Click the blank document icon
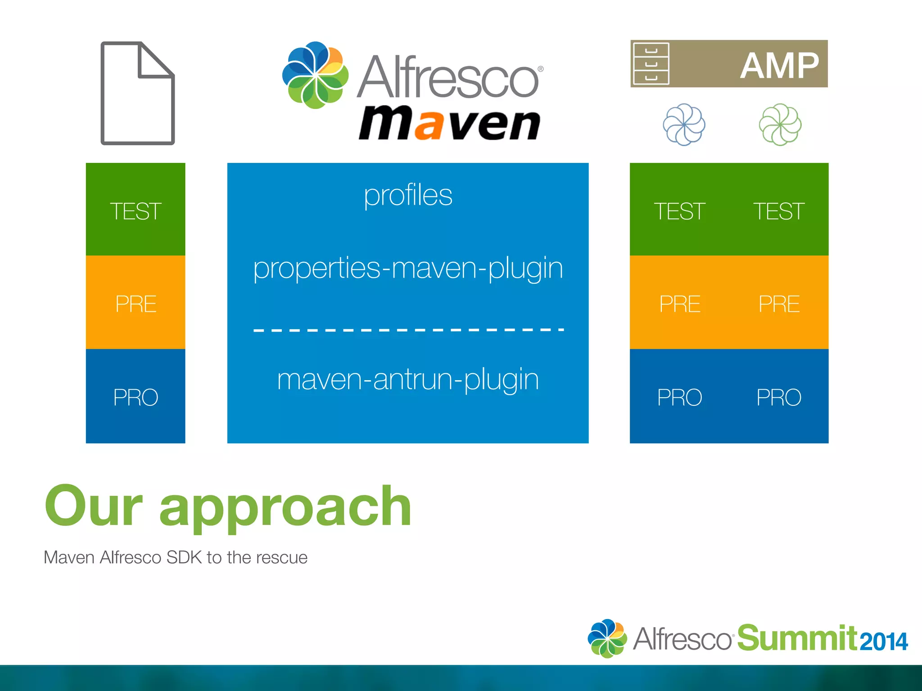click(137, 94)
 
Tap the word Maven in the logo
click(449, 123)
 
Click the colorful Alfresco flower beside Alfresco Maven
click(315, 75)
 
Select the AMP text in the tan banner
click(779, 66)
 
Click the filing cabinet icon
click(651, 64)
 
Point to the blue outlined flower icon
click(684, 125)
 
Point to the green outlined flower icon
click(780, 125)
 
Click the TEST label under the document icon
click(136, 211)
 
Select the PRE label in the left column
click(136, 304)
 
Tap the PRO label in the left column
click(136, 397)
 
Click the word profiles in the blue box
click(408, 196)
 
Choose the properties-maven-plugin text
click(408, 269)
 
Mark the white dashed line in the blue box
click(408, 330)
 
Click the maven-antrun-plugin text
click(408, 379)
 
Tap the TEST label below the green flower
click(779, 211)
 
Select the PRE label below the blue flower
click(679, 304)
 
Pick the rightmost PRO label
click(779, 397)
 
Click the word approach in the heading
click(285, 507)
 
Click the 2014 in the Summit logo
click(883, 642)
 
